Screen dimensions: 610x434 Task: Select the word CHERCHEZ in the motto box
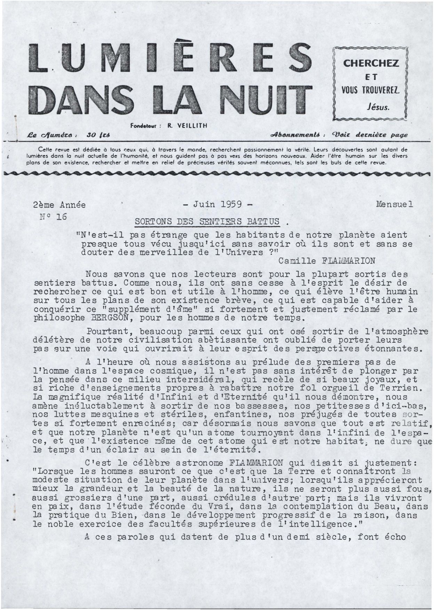[371, 64]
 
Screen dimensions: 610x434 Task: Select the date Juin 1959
[217, 204]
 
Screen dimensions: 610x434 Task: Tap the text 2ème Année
[60, 205]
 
